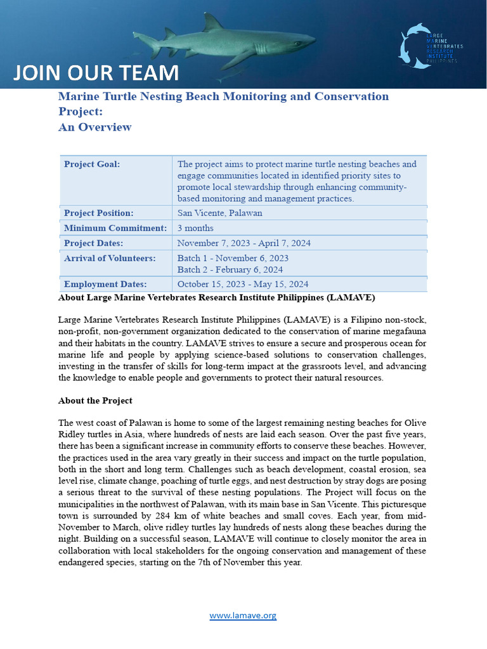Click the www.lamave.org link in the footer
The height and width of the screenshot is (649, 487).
(x=243, y=615)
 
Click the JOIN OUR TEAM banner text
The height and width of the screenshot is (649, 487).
(x=96, y=73)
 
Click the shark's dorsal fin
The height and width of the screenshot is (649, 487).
(x=212, y=23)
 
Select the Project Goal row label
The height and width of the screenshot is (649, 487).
(x=92, y=164)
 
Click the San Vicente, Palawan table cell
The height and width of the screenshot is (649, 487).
(x=219, y=213)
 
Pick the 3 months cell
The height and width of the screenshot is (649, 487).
(x=195, y=228)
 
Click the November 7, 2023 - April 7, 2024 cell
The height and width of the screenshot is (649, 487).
(x=243, y=243)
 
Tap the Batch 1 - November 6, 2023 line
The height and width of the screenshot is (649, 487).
(x=233, y=258)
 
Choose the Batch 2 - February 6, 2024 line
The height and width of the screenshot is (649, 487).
(x=230, y=269)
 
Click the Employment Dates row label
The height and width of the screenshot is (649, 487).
(x=105, y=285)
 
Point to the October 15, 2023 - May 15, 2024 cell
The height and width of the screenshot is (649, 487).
(x=243, y=285)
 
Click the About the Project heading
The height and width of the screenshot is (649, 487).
(x=95, y=401)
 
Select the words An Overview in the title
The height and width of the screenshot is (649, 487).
(x=94, y=127)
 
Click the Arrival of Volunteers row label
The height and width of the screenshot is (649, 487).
(x=110, y=258)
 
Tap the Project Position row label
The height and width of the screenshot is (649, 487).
(x=99, y=213)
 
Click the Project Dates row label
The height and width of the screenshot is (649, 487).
(x=94, y=243)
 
